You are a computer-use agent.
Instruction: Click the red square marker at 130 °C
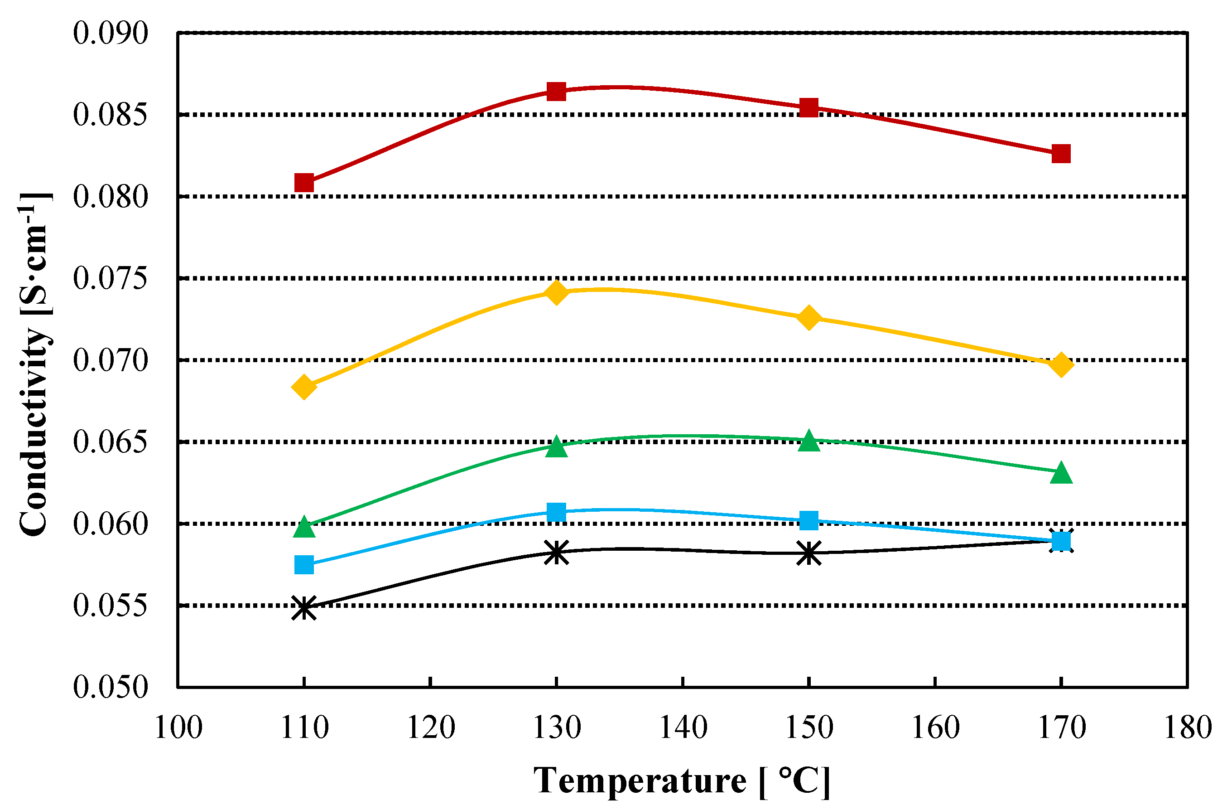point(557,92)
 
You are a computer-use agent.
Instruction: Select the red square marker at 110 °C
point(304,183)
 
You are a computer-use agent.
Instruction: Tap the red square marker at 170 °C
point(1061,154)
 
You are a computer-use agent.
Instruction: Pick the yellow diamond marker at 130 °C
point(557,293)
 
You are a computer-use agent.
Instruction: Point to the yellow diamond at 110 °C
point(304,387)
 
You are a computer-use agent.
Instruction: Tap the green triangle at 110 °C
point(304,528)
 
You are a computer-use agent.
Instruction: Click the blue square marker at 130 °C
point(557,512)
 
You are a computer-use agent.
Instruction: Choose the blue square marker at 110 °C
point(304,564)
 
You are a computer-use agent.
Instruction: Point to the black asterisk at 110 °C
point(304,607)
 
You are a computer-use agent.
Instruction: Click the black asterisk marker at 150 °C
point(808,553)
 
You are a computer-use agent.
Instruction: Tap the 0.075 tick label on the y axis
point(110,279)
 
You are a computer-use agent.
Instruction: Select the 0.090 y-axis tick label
point(110,33)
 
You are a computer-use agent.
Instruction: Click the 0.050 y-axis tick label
point(110,687)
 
